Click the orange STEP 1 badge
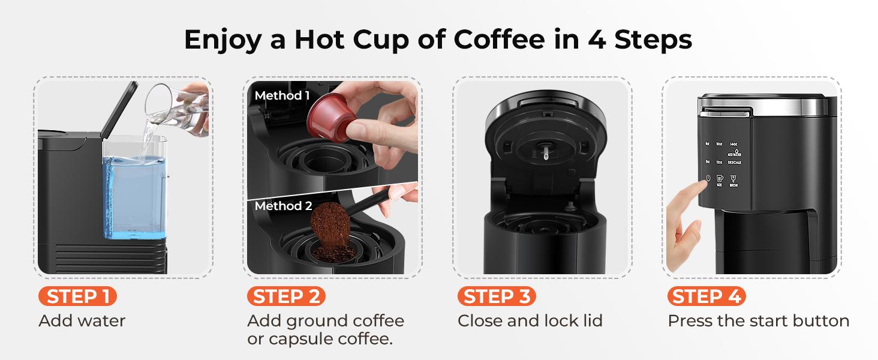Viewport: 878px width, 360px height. click(x=77, y=296)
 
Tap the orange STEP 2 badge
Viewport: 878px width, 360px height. click(x=286, y=296)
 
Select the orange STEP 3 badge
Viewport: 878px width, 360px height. click(x=496, y=296)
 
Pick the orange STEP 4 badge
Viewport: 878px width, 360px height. click(x=706, y=296)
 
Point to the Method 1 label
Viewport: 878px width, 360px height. click(x=282, y=95)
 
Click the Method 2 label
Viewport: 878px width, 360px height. click(x=283, y=206)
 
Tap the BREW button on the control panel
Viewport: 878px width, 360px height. click(x=733, y=181)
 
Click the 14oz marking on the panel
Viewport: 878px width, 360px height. click(x=734, y=144)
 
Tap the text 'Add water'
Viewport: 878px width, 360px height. click(x=82, y=321)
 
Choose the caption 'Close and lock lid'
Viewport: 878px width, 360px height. click(x=530, y=321)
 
